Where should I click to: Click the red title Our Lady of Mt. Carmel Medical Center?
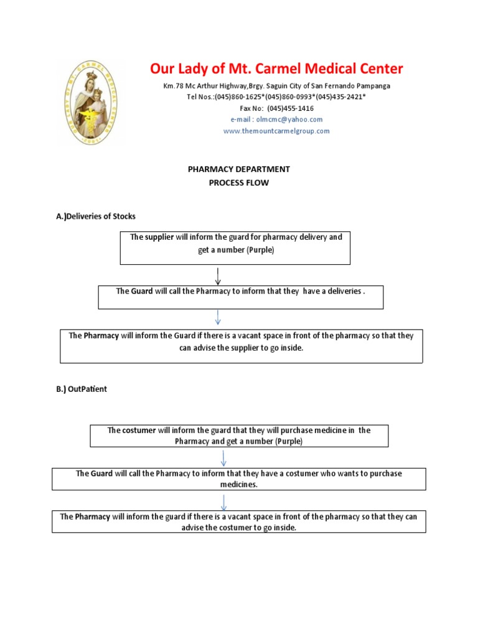pyautogui.click(x=276, y=69)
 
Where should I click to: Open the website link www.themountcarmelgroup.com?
pyautogui.click(x=276, y=131)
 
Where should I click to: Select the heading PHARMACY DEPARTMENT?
pyautogui.click(x=239, y=169)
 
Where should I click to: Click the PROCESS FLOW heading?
pyautogui.click(x=239, y=183)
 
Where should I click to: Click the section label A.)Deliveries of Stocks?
pyautogui.click(x=96, y=216)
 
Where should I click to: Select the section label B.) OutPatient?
pyautogui.click(x=82, y=389)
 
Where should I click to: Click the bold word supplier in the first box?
pyautogui.click(x=159, y=237)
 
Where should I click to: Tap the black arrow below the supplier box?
pyautogui.click(x=218, y=275)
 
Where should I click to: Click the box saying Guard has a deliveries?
pyautogui.click(x=240, y=297)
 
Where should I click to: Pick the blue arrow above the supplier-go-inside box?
pyautogui.click(x=218, y=318)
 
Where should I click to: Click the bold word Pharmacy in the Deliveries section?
pyautogui.click(x=101, y=336)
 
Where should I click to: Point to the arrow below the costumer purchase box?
pyautogui.click(x=223, y=458)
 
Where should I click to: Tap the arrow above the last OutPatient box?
pyautogui.click(x=223, y=502)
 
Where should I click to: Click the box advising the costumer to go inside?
pyautogui.click(x=239, y=521)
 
